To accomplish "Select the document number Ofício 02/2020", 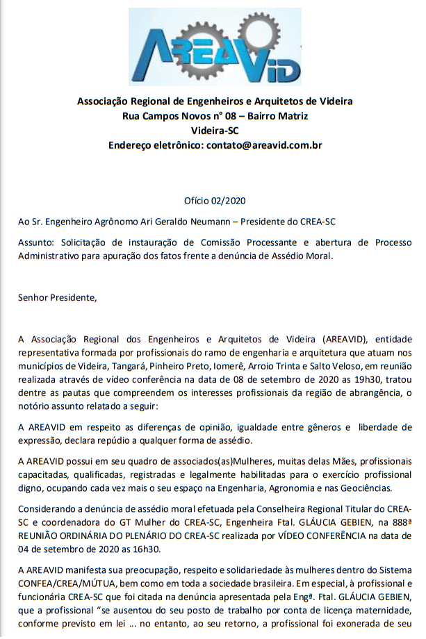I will coord(215,201).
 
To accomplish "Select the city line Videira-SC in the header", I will coord(215,131).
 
